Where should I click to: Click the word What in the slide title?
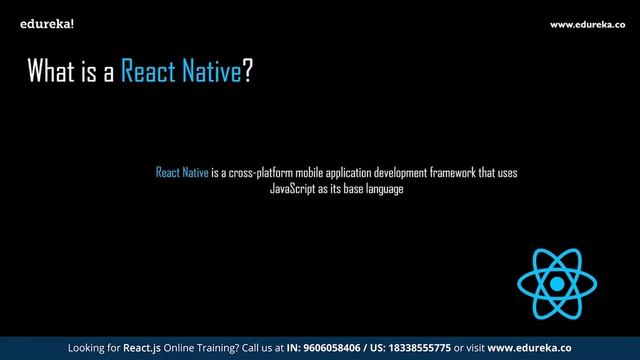click(x=52, y=73)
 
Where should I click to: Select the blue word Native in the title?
click(x=212, y=73)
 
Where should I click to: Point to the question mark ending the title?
click(x=247, y=73)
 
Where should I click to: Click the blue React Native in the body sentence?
click(x=182, y=173)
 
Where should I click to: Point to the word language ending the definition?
click(x=384, y=188)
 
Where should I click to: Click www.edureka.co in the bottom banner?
click(x=529, y=349)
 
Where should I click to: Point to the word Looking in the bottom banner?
click(x=86, y=349)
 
